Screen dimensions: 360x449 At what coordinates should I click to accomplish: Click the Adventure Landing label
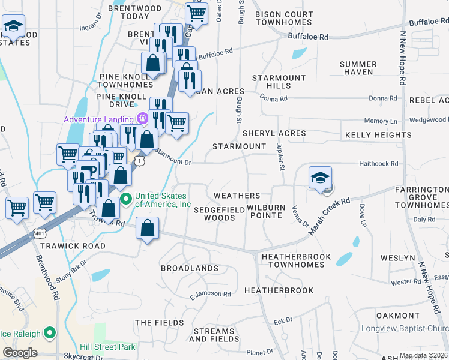[x=100, y=119]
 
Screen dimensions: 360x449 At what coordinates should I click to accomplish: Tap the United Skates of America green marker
[x=125, y=199]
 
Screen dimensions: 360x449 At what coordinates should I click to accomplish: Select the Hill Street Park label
[x=107, y=346]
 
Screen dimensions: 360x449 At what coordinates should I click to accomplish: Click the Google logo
[x=20, y=352]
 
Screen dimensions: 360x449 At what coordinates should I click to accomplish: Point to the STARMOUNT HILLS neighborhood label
[x=279, y=82]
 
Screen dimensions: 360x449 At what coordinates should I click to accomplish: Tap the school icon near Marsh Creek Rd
[x=321, y=178]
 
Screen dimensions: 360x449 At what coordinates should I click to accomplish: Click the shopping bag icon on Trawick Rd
[x=147, y=229]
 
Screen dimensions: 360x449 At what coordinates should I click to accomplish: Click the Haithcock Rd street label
[x=378, y=163]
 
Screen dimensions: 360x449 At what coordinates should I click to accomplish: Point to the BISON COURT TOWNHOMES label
[x=283, y=18]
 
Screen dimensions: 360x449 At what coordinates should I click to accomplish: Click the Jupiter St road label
[x=280, y=155]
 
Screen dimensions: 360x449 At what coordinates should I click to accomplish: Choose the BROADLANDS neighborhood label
[x=189, y=268]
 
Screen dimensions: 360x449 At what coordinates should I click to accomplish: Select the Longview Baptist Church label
[x=404, y=328]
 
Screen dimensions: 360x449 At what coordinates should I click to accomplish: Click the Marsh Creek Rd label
[x=328, y=217]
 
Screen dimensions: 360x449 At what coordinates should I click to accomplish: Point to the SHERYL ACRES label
[x=274, y=133]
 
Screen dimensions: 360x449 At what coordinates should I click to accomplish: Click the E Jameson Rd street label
[x=210, y=294]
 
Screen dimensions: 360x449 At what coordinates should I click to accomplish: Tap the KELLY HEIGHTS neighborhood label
[x=378, y=135]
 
